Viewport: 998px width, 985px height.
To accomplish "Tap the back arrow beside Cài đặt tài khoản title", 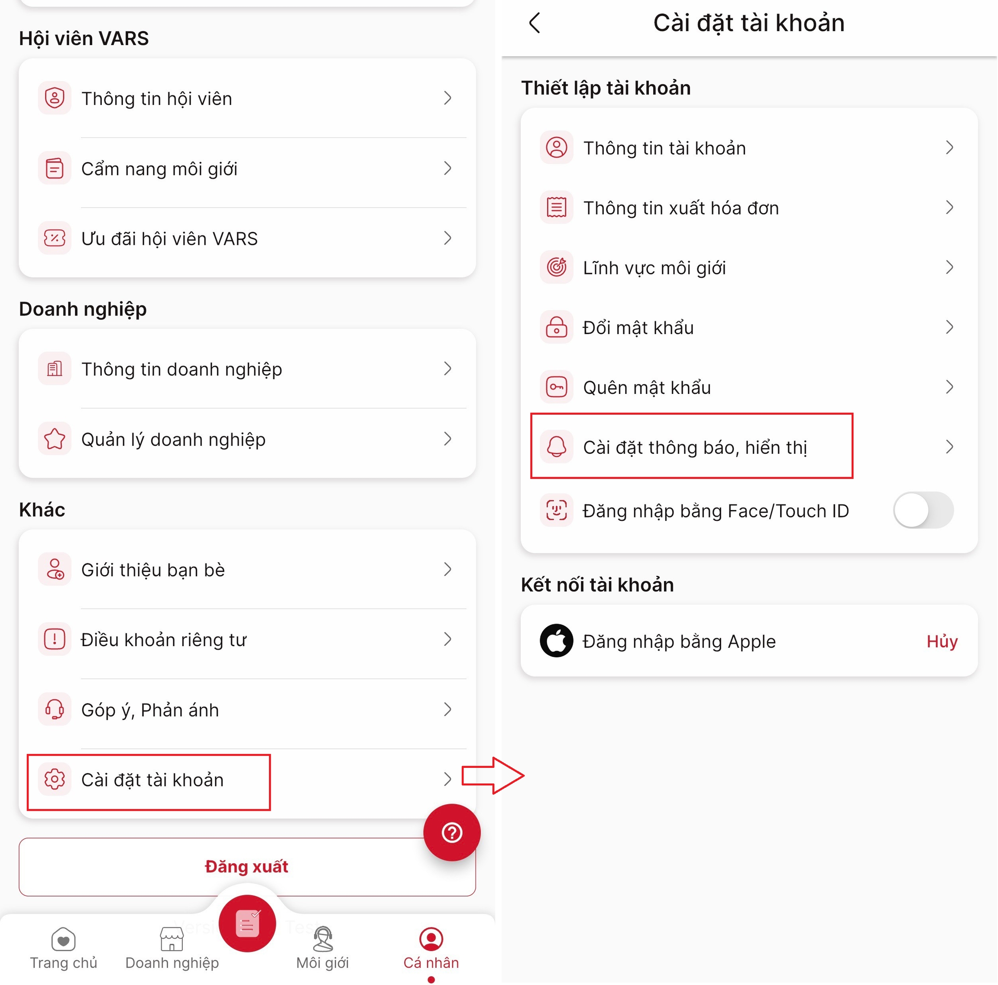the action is coord(535,23).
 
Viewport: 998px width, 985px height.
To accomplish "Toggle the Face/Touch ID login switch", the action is coord(923,510).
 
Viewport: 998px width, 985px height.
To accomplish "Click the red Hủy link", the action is coord(942,641).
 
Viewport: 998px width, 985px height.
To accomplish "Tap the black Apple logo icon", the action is coord(556,640).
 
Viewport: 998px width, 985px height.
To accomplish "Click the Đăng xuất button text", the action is coord(246,866).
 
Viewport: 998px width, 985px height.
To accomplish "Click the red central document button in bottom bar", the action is coord(247,923).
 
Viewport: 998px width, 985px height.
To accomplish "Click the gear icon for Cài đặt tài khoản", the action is coord(55,779).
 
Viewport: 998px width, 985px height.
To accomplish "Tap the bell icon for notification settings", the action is coord(556,446).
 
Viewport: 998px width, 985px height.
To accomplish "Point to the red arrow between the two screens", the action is coord(493,775).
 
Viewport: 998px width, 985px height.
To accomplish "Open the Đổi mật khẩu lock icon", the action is coord(556,327).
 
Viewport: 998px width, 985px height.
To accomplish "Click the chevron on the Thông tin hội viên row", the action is coord(447,98).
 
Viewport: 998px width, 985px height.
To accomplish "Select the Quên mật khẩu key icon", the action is coord(556,387).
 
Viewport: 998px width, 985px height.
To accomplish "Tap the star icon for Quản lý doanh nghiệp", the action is coord(55,439).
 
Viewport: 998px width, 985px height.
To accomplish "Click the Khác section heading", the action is coord(42,510).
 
